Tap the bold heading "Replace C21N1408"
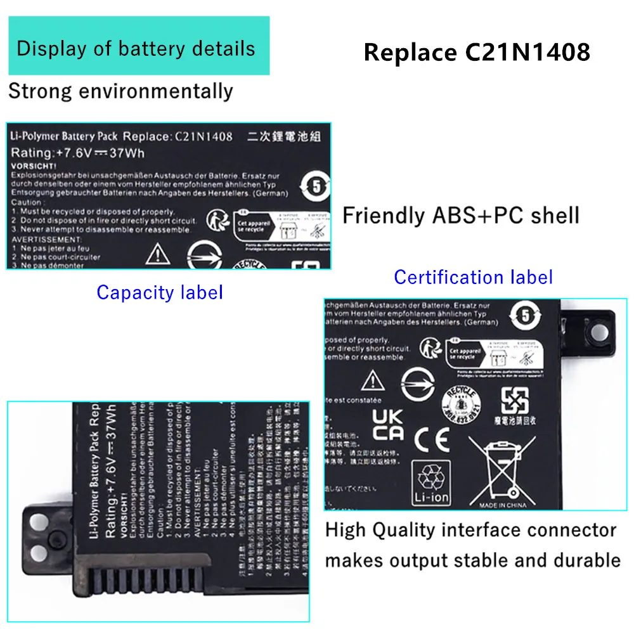coord(477,52)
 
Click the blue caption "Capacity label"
coord(160,292)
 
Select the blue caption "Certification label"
coord(473,277)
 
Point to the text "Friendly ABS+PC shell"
coord(461,216)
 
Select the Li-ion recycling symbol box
coord(430,482)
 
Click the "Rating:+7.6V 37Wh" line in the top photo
coord(78,153)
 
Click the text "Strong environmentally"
coord(120,91)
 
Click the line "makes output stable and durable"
coord(472,560)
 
